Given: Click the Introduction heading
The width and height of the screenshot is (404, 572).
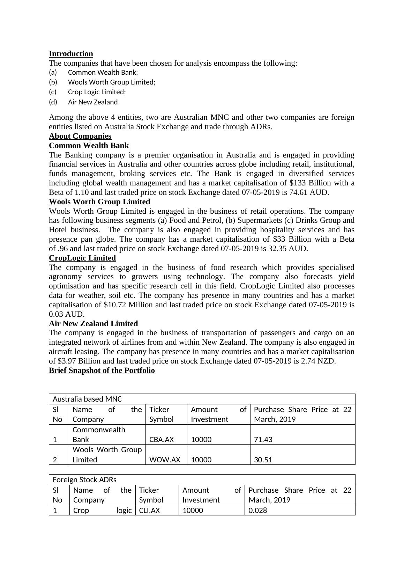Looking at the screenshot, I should (x=71, y=54).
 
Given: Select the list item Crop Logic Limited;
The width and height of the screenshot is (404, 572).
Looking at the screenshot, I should (x=97, y=92).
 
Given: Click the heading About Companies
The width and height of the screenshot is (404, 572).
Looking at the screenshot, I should (x=80, y=136).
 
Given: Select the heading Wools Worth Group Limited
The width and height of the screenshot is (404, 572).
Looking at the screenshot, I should (x=99, y=202).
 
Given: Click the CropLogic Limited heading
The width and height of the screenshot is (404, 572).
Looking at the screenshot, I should (x=82, y=258).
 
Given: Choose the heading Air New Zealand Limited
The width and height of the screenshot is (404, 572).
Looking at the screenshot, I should (x=93, y=324).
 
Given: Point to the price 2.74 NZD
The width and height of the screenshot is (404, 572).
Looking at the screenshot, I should (x=313, y=361).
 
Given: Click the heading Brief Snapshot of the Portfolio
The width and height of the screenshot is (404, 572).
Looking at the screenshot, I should (x=102, y=371).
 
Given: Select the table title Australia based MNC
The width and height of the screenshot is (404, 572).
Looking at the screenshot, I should (x=87, y=399).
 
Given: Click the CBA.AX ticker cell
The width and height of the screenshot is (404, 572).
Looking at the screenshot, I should (x=162, y=440).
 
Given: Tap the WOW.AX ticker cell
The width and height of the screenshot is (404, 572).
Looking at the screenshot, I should (x=165, y=460).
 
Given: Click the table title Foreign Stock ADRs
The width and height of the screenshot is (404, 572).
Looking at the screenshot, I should (x=84, y=480).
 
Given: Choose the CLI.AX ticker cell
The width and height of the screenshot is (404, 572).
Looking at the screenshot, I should (x=149, y=511).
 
